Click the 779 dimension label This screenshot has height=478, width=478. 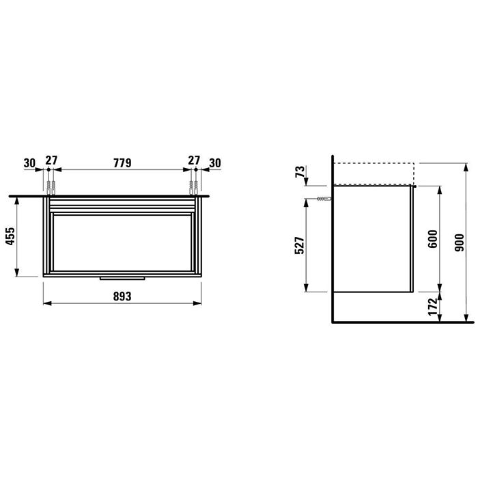122,162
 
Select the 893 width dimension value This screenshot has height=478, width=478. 122,296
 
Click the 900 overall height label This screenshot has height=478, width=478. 458,241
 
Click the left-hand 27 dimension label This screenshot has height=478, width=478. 51,162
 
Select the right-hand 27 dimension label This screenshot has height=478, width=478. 194,162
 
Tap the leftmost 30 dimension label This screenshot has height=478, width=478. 29,162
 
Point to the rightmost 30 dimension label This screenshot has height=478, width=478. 215,162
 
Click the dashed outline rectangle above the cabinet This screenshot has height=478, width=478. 373,173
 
